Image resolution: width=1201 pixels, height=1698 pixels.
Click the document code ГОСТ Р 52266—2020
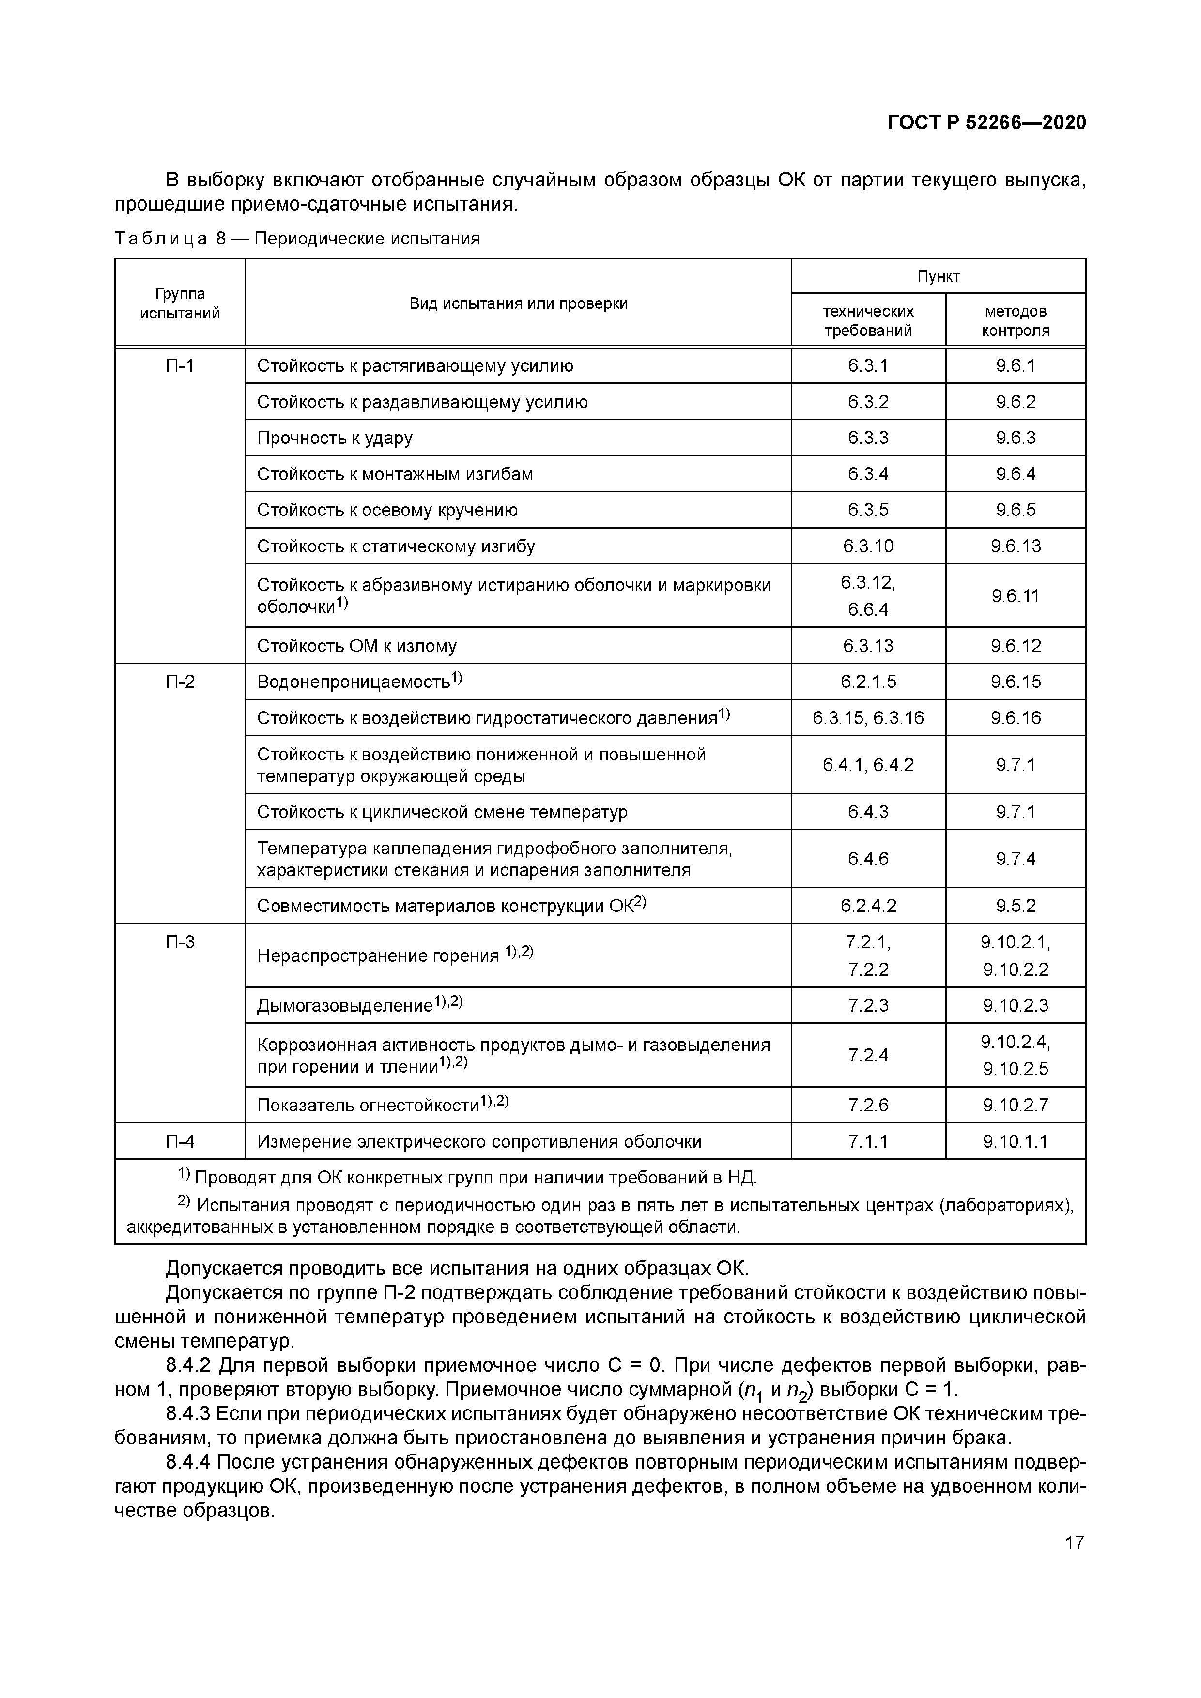point(986,123)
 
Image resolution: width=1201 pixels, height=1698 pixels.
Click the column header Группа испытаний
point(180,303)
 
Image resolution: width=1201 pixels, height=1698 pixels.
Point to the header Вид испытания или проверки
point(518,303)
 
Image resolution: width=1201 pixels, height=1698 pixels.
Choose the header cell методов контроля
point(1015,320)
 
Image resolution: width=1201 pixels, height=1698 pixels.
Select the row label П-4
point(180,1142)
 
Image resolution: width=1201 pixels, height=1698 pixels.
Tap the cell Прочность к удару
point(335,438)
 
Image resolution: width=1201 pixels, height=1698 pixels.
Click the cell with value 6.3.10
point(868,546)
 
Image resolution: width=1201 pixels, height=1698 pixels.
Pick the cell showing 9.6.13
point(1015,546)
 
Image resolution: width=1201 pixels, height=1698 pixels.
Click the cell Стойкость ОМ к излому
point(357,646)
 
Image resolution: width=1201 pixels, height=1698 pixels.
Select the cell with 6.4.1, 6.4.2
point(868,765)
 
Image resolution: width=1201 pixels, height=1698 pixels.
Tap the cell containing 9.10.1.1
point(1015,1142)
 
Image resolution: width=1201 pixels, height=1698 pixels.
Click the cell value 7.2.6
point(868,1105)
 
